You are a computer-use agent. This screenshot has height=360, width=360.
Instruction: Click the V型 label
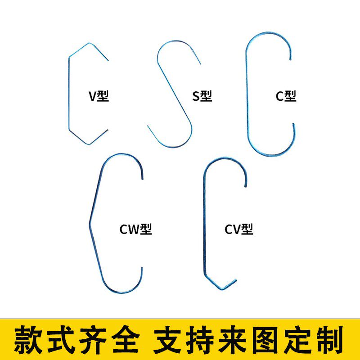coord(99,96)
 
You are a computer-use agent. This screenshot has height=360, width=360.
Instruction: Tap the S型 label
coord(202,96)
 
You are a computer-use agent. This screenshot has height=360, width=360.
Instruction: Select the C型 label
coord(286,96)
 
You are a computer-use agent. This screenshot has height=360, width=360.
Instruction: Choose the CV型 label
coord(239,229)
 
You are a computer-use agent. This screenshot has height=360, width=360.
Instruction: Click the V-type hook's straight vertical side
coord(69,94)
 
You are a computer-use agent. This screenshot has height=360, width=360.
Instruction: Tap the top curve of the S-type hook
coord(175,43)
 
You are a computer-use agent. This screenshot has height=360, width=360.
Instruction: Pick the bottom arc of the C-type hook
coord(270,154)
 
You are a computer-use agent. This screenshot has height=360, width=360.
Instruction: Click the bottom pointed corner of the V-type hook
coord(88,144)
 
